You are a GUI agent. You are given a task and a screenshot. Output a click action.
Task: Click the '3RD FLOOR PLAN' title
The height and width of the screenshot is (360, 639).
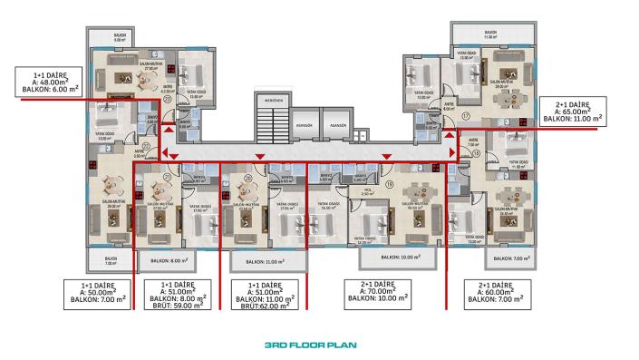[x=319, y=345]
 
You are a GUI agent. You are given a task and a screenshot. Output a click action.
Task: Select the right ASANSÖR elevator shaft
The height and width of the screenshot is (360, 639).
[x=338, y=127]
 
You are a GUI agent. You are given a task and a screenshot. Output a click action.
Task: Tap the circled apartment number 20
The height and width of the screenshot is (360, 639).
[x=247, y=179]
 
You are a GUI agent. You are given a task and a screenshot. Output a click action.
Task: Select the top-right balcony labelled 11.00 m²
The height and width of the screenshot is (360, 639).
[x=489, y=34]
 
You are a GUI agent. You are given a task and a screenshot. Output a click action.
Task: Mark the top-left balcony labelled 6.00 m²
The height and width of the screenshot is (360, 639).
[x=119, y=39]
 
